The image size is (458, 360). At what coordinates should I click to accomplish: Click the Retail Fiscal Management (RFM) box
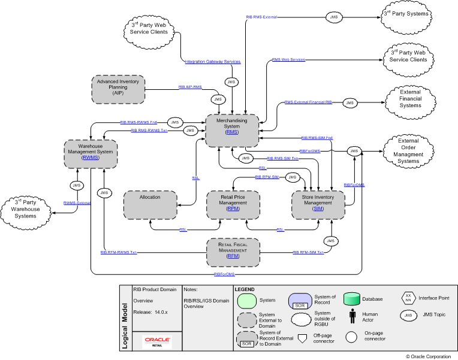pos(233,252)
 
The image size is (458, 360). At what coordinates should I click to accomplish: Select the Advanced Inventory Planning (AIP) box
pos(118,90)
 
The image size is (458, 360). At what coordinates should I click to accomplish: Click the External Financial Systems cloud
pos(410,98)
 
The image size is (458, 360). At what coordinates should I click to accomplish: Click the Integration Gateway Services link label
pos(212,62)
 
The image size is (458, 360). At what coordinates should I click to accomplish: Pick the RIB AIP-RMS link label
pos(190,87)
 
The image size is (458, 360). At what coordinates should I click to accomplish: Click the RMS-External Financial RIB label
pos(308,103)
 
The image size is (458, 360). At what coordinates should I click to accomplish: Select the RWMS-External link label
pos(77,204)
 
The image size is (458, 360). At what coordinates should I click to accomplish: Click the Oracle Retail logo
pos(157,341)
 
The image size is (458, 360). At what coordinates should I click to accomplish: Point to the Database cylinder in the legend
pos(352,298)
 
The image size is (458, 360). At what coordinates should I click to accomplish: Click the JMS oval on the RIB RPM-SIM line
pos(292,178)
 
